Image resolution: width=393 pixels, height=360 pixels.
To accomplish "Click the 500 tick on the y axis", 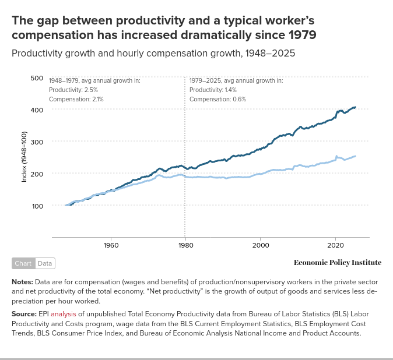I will click(x=36, y=78).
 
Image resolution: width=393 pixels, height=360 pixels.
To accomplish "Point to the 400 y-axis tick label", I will click(x=36, y=110).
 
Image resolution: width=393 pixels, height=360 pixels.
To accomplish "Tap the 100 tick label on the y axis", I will click(x=36, y=206).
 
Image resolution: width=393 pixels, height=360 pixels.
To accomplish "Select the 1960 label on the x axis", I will click(x=111, y=245).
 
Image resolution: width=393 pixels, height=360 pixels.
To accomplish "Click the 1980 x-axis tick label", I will click(x=185, y=245).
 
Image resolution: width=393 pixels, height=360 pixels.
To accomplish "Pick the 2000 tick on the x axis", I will click(x=261, y=245).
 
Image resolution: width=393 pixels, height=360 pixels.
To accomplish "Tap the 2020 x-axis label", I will click(x=335, y=245).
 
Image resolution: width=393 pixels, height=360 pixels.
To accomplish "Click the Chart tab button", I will click(x=23, y=263).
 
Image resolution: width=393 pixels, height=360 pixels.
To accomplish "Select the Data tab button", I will click(x=45, y=263).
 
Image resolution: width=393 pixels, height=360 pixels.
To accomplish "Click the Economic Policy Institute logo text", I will click(x=338, y=263).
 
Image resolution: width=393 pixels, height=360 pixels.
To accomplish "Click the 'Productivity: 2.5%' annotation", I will click(x=73, y=90).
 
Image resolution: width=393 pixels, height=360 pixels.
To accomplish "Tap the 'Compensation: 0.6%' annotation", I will click(x=217, y=99).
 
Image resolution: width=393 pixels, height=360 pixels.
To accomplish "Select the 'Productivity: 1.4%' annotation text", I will click(x=213, y=90).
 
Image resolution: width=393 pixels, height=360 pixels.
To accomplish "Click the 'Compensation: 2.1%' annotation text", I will click(x=76, y=99).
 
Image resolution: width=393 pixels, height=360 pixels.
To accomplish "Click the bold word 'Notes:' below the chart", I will click(x=22, y=281).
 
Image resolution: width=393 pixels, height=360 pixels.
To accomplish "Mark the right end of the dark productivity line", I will click(x=355, y=107).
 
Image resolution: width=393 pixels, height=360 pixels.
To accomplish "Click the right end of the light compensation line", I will click(x=355, y=156).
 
